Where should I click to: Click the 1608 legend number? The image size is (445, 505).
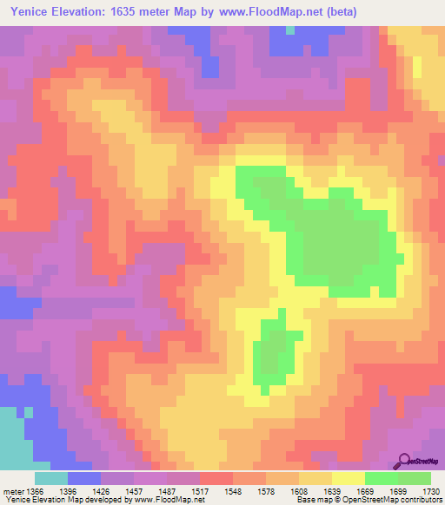(x=299, y=490)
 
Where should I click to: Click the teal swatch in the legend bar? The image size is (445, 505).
(x=51, y=478)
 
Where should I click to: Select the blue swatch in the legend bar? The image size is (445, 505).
(x=84, y=478)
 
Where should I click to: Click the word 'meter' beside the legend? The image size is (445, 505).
(x=12, y=490)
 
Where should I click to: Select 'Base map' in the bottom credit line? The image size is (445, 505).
(x=311, y=500)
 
